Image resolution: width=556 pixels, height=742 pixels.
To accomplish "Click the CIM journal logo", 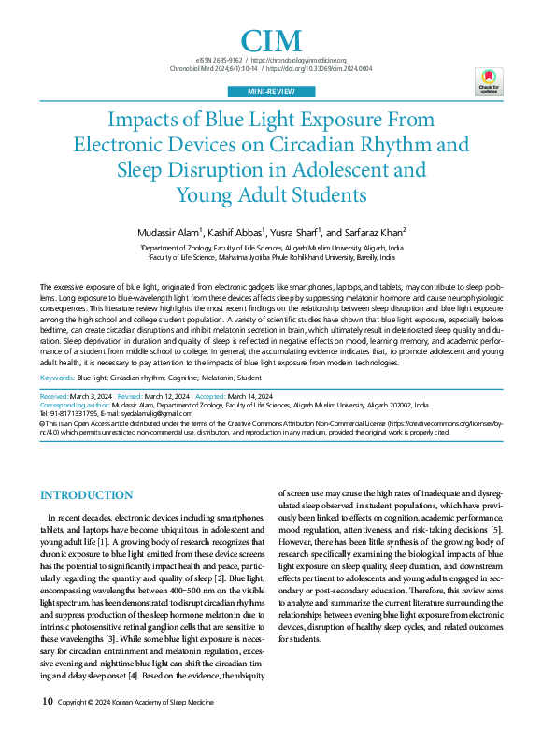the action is coord(272,40).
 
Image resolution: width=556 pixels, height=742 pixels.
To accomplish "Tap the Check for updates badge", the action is coord(489,82).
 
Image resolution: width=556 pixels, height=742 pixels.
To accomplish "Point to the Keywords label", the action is coord(57,378).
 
